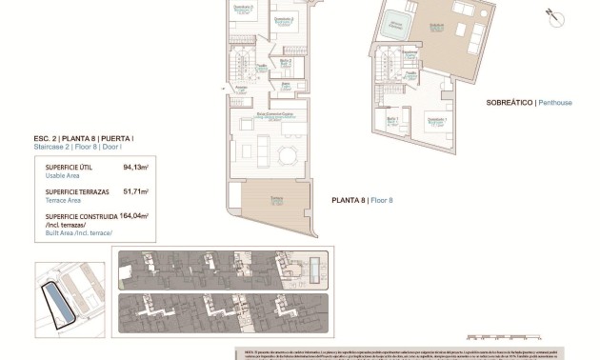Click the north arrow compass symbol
click(550, 14)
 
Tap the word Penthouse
click(554, 102)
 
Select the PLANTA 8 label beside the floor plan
click(349, 201)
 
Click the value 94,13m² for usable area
click(136, 167)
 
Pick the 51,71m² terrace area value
click(136, 191)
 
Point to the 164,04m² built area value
click(132, 216)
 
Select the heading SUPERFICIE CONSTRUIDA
click(83, 216)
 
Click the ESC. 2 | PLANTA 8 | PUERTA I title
click(83, 139)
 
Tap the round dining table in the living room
click(287, 153)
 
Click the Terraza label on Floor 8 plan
click(275, 198)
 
